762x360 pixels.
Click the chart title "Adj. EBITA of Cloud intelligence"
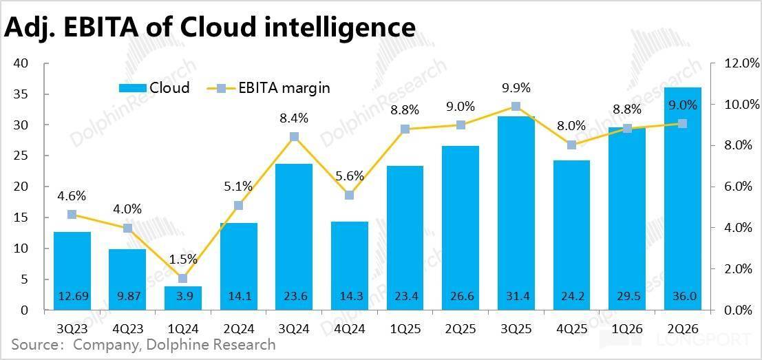pos(210,28)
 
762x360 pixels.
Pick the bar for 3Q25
pos(516,213)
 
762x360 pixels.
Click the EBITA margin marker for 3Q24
pos(294,137)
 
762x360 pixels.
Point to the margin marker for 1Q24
pos(182,278)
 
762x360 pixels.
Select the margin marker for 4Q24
pos(350,195)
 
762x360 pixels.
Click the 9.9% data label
pos(516,88)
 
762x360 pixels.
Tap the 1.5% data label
pos(182,260)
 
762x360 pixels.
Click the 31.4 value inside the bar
pos(516,297)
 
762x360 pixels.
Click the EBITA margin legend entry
pos(273,88)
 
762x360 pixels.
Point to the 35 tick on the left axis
pos(20,94)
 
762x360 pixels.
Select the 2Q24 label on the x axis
pos(238,329)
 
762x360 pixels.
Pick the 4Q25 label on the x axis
pos(571,329)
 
